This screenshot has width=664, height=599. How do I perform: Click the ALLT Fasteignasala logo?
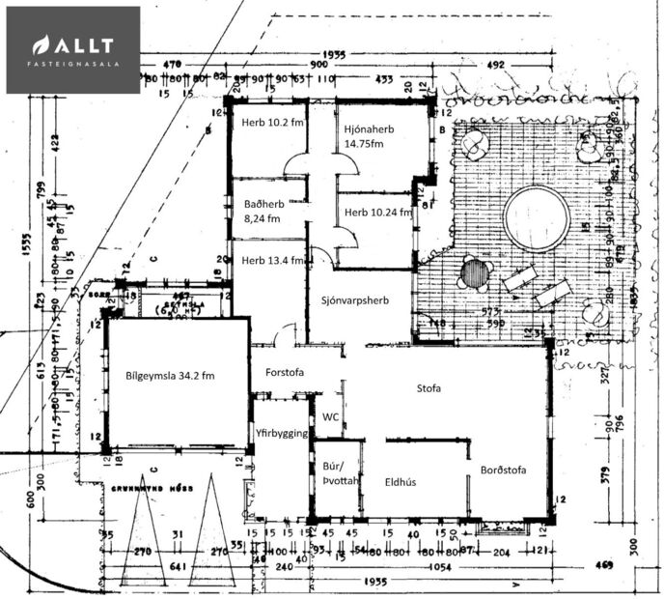pos(73,50)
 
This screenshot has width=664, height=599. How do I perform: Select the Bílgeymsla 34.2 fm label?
pos(170,375)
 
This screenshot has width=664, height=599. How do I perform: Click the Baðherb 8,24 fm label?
pos(262,211)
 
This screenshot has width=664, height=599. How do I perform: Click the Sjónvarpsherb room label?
pos(356,300)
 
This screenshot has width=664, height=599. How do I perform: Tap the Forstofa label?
pos(285,373)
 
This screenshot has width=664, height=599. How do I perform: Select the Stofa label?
pos(429,389)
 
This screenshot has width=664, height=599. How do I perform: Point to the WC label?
pos(330,418)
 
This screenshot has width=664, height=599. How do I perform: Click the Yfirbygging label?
pos(281,433)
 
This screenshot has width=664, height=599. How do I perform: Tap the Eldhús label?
pos(400,481)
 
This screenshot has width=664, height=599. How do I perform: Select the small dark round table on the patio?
pos(475,272)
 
